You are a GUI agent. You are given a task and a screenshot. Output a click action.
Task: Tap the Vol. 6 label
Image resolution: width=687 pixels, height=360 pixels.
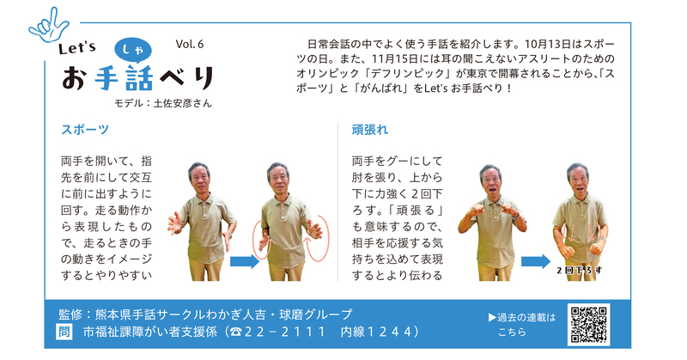(190, 44)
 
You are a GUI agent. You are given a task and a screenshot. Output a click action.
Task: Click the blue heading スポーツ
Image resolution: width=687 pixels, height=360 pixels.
(85, 131)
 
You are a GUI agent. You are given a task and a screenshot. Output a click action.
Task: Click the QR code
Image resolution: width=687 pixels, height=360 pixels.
(588, 323)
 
